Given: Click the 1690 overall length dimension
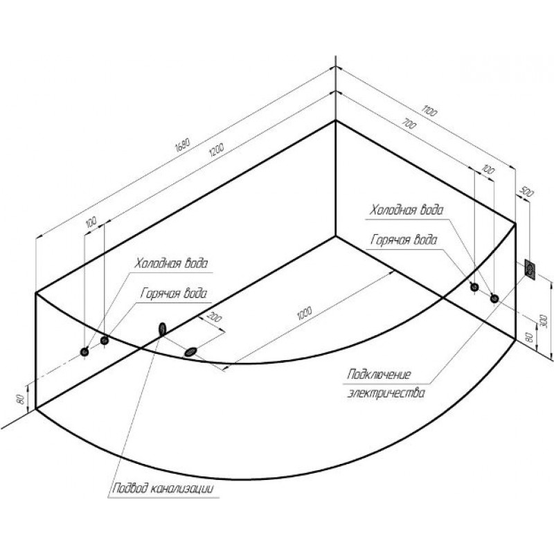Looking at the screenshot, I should [x=182, y=144].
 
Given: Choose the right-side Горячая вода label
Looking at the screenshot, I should [x=404, y=240].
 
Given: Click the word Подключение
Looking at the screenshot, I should [x=380, y=375].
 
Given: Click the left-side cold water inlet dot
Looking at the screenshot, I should [x=84, y=351].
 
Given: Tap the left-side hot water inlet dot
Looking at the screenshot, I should [x=105, y=340].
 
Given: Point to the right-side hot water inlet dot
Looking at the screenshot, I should [x=494, y=298].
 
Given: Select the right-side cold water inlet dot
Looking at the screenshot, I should [x=474, y=287].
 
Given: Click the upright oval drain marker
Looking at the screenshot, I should [x=163, y=328].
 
